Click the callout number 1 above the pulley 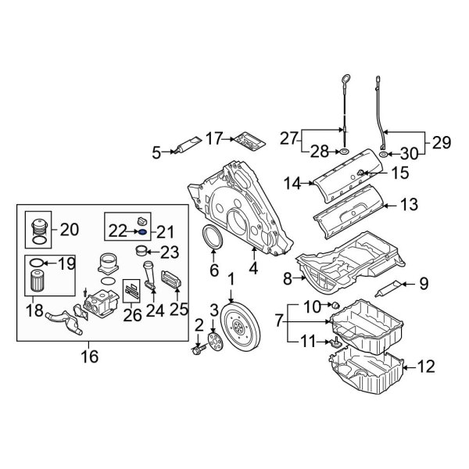231,280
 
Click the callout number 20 69,229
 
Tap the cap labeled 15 360,172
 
